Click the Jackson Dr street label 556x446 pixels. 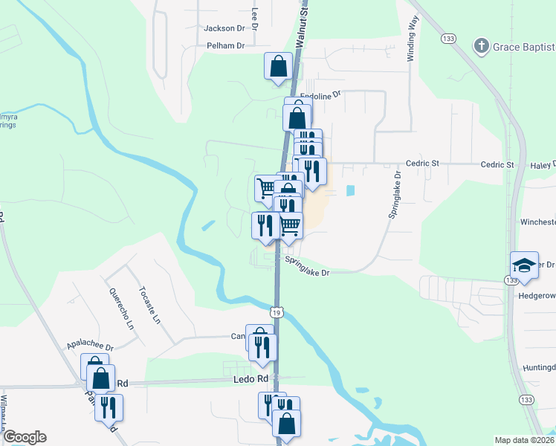point(224,28)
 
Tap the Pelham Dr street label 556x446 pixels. point(225,46)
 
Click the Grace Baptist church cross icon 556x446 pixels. point(481,46)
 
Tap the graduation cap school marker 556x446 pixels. point(524,266)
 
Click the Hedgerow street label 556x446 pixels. point(536,295)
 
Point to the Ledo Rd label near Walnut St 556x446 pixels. point(252,379)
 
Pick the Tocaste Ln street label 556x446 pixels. point(149,304)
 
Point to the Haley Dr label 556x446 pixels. point(543,164)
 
